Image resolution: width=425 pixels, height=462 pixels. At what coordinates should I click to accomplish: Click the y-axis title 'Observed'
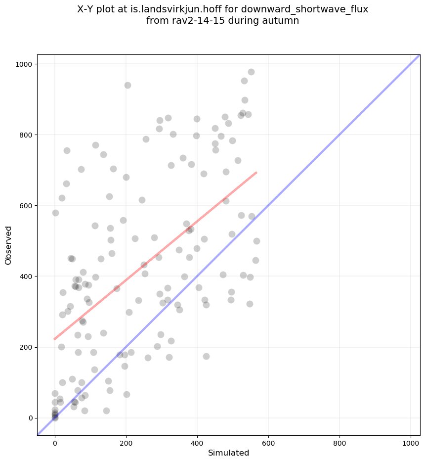[8, 245]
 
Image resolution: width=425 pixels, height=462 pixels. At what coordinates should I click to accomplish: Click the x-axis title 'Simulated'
[228, 453]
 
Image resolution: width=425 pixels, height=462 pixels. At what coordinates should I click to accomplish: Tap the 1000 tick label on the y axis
[24, 64]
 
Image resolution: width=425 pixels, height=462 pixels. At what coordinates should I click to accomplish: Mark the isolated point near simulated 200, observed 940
[127, 85]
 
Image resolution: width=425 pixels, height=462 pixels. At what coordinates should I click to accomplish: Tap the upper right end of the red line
[256, 173]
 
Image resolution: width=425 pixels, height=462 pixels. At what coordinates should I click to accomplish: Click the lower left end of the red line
[55, 339]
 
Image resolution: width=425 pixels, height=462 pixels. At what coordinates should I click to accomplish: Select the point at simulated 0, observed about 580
[55, 213]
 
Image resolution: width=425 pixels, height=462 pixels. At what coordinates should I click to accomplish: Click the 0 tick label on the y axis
[30, 418]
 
